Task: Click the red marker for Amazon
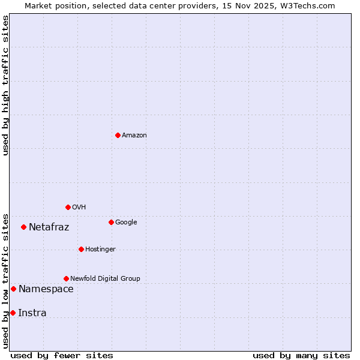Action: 118,135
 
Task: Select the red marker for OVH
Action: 68,207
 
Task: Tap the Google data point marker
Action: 111,222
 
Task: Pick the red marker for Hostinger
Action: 81,249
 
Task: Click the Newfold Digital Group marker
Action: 66,278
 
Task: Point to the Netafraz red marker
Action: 23,227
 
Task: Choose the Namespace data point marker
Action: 13,289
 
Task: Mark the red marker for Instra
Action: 13,313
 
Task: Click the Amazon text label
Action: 134,136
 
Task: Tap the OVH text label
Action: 79,208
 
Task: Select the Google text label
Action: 126,223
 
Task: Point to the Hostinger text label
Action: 100,250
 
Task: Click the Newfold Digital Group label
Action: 105,279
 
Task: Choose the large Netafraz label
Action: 49,227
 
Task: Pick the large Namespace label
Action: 46,289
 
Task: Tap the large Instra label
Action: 32,313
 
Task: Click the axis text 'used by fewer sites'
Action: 62,356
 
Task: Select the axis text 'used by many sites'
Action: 301,356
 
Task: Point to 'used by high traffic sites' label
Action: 6,85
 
